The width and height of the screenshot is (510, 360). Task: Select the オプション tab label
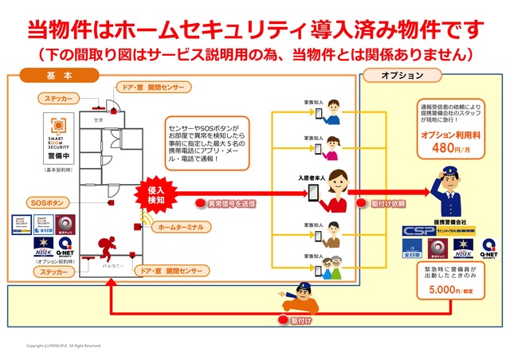tap(401, 76)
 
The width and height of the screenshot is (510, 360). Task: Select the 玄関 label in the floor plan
tap(99, 119)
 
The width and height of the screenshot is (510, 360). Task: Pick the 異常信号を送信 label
tap(231, 205)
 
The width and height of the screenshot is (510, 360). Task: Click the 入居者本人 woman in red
tap(338, 191)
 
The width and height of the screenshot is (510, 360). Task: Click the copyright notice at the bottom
tap(64, 346)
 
